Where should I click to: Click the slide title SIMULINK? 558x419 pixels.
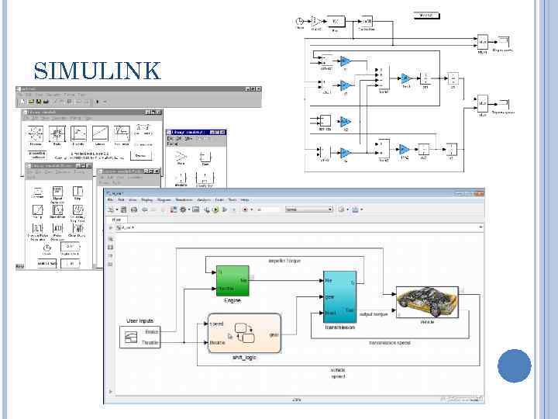click(x=98, y=72)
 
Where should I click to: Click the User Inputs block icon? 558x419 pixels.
click(x=130, y=337)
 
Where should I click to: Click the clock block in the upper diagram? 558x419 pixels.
click(x=300, y=21)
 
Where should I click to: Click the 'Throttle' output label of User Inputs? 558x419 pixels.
click(x=150, y=342)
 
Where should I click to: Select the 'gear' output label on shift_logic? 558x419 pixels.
click(x=274, y=334)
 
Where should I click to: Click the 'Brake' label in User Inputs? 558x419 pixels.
click(x=151, y=332)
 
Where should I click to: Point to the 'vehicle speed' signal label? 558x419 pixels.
click(x=337, y=373)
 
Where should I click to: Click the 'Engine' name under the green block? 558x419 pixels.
click(x=232, y=300)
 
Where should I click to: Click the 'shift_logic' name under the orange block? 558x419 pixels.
click(x=243, y=358)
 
